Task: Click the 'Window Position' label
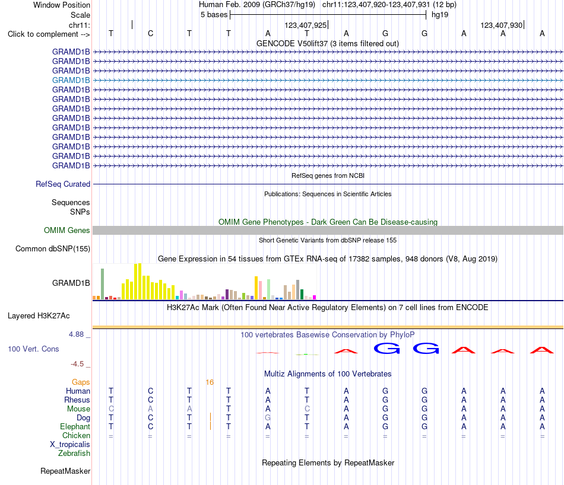click(x=62, y=5)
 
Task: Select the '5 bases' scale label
click(x=214, y=15)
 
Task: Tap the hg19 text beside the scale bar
click(x=440, y=15)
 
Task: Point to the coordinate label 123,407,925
click(x=305, y=25)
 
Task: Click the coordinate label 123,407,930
click(x=502, y=25)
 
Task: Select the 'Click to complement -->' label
click(x=49, y=34)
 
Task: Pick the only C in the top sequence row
click(x=150, y=33)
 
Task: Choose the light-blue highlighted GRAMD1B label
click(x=71, y=80)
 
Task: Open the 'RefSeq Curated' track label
click(x=62, y=184)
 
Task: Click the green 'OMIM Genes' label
click(x=66, y=230)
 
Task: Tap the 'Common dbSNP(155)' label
click(x=52, y=248)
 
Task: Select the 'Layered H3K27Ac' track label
click(x=39, y=316)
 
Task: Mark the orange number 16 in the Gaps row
click(x=210, y=382)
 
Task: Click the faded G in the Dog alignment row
click(x=268, y=417)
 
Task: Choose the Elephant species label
click(x=75, y=426)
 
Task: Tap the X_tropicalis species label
click(x=70, y=445)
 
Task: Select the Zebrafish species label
click(x=74, y=454)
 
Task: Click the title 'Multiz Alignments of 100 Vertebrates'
click(x=328, y=374)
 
